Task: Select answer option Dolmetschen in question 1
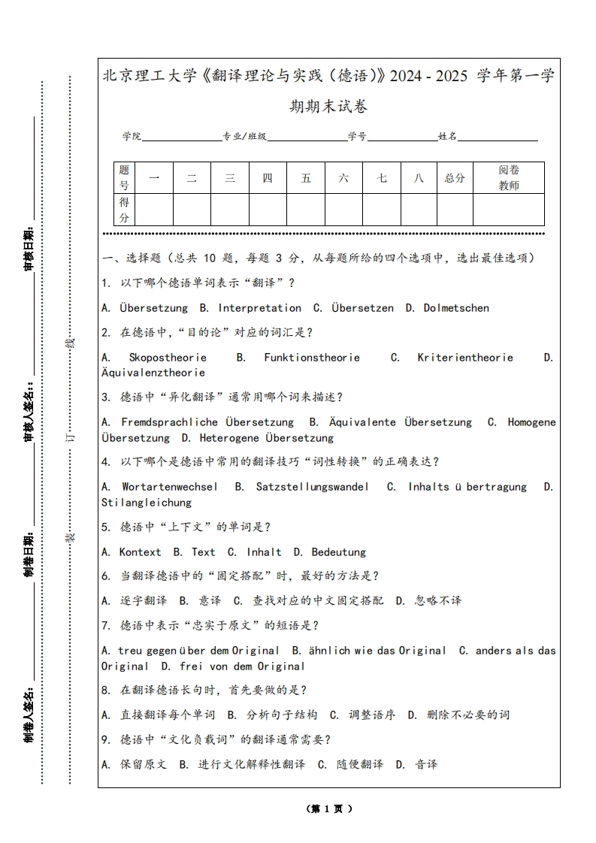coord(456,308)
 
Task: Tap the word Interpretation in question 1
coord(259,308)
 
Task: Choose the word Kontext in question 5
coord(140,552)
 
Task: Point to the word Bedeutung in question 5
coord(338,552)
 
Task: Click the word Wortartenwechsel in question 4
coord(169,487)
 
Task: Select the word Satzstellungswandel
coord(312,487)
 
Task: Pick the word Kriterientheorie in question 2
coord(465,358)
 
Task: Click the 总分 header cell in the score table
coord(455,178)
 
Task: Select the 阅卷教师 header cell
coord(509,178)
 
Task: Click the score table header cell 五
coord(306,178)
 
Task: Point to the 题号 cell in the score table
coord(124,178)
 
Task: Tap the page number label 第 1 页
coord(329,809)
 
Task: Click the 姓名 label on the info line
coord(447,137)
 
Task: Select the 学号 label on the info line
coord(357,137)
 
